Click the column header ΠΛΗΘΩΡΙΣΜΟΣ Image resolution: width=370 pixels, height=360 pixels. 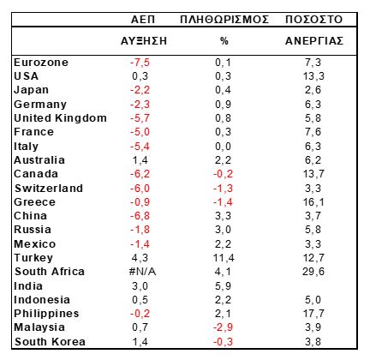[224, 20]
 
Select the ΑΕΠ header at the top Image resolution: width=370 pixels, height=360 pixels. [143, 20]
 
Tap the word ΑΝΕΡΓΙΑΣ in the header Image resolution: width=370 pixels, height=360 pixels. [314, 41]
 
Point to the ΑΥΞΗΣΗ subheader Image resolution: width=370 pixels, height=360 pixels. [144, 41]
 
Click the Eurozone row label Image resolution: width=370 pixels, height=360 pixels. [41, 63]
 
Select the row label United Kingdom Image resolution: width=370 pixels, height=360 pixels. [60, 117]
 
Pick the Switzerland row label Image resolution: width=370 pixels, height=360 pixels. [49, 188]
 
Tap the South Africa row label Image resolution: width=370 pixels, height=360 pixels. [50, 272]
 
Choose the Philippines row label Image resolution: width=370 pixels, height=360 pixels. [46, 314]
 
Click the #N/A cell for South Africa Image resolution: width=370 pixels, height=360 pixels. [142, 272]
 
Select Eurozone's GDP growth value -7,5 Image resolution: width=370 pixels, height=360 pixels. [140, 63]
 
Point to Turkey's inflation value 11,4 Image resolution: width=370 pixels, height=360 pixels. [224, 258]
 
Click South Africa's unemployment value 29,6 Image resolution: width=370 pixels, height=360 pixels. [313, 272]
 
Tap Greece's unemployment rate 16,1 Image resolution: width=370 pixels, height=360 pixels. [313, 202]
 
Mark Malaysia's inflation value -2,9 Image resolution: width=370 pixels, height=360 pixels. [224, 327]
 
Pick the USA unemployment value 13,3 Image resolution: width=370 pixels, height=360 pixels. [313, 76]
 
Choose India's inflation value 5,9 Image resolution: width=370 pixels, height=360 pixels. [223, 285]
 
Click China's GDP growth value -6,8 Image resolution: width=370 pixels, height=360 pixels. [140, 216]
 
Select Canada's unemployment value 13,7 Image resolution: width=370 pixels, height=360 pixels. [313, 174]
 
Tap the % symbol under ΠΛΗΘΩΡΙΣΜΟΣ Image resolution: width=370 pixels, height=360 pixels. [224, 41]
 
